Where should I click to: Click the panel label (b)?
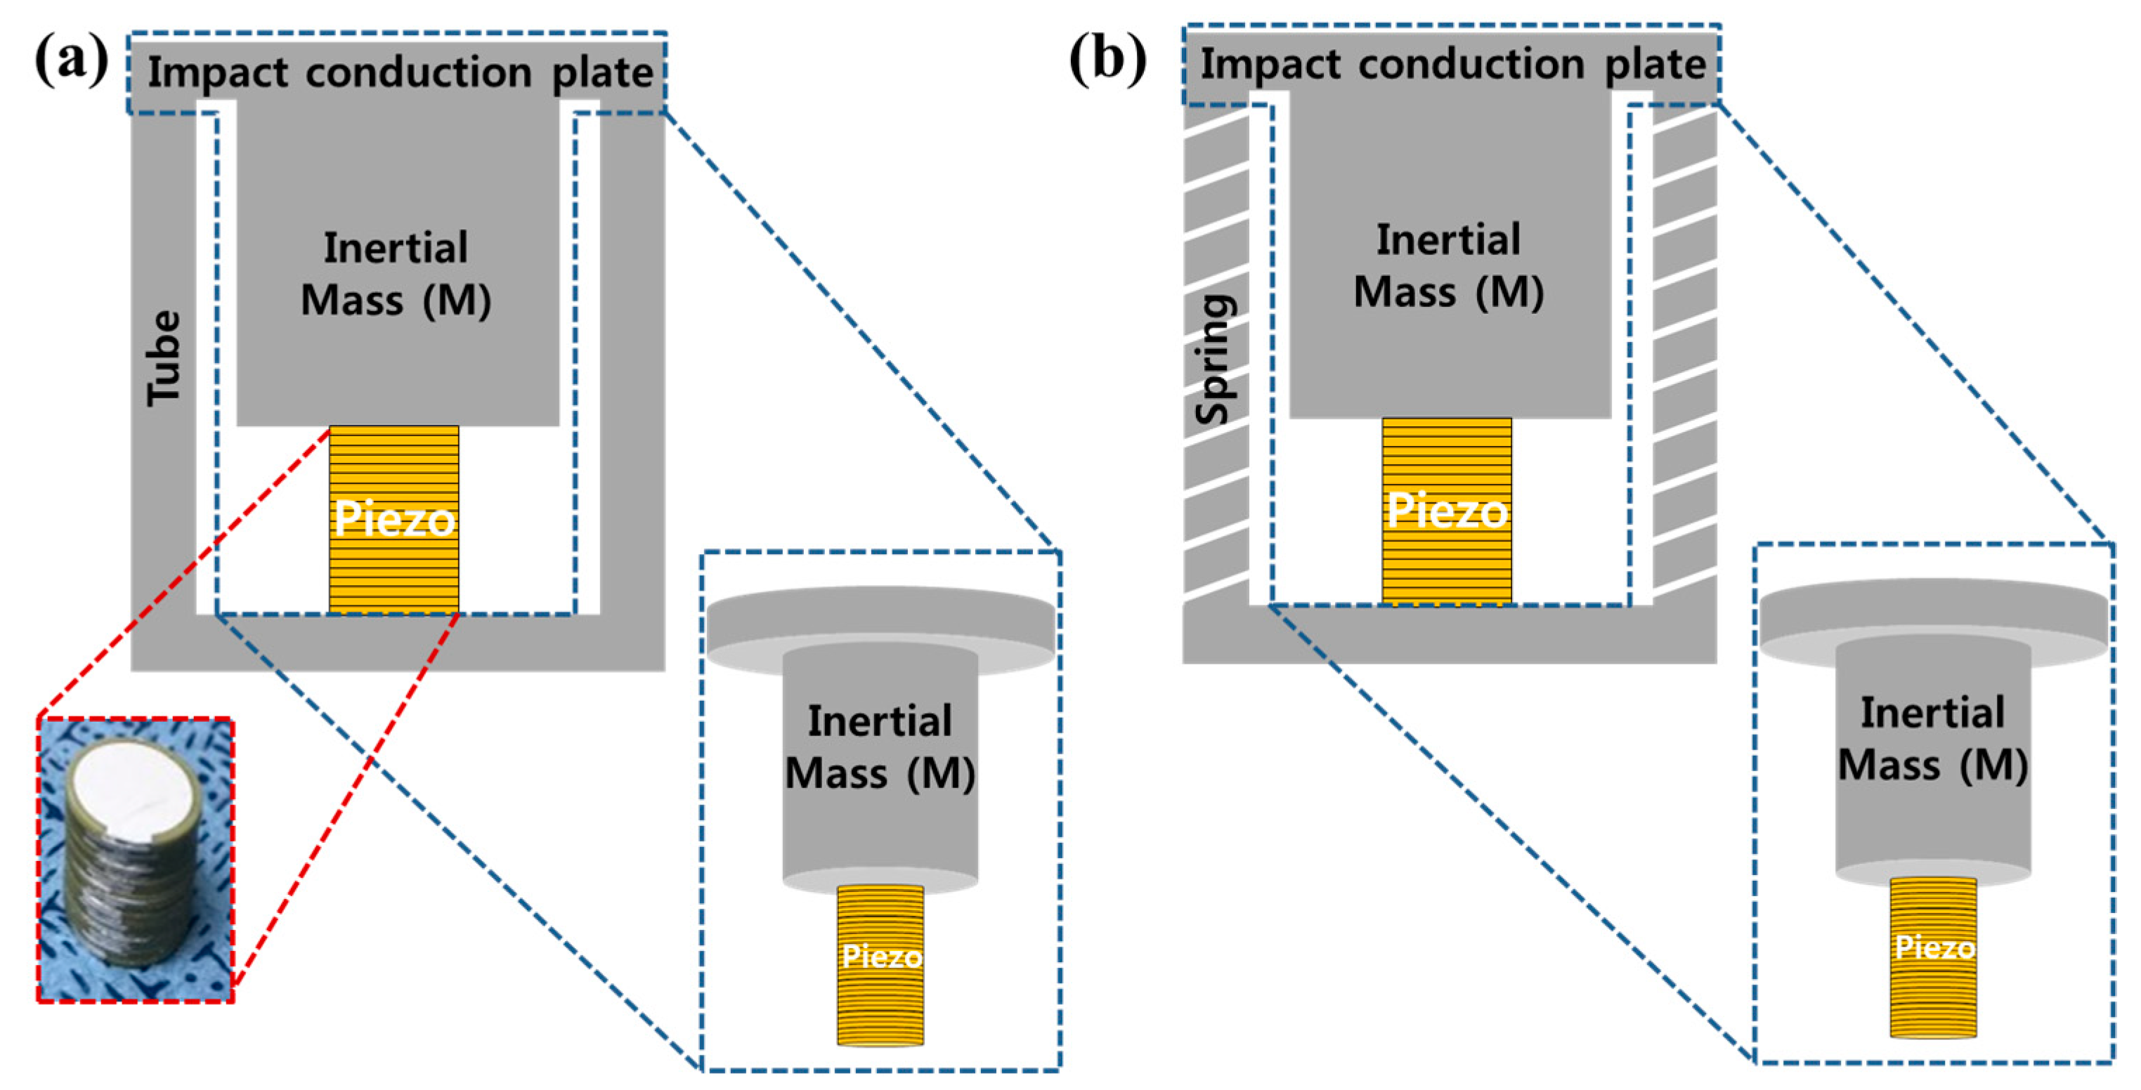click(1107, 60)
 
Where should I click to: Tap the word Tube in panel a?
click(164, 359)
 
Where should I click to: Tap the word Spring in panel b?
click(1215, 359)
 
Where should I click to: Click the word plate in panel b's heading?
click(1655, 64)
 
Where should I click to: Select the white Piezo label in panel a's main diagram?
click(394, 519)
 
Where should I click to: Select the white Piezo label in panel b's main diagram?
click(1446, 510)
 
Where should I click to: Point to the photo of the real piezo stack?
click(136, 860)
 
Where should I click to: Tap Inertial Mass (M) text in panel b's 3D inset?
click(1933, 739)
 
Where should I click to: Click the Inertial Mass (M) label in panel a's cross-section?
click(396, 274)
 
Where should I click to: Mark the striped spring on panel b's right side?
click(1684, 349)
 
